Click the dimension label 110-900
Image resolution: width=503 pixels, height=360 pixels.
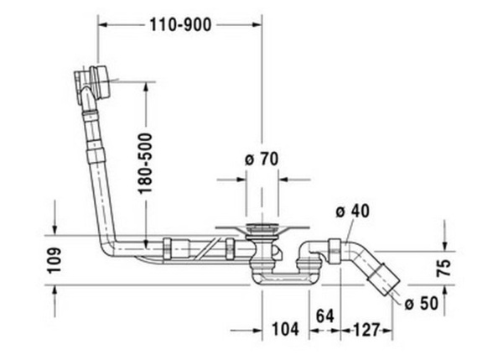pyautogui.click(x=180, y=25)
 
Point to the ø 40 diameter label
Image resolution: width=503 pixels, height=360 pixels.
pyautogui.click(x=351, y=210)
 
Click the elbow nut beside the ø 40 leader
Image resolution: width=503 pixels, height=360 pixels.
pyautogui.click(x=332, y=249)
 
